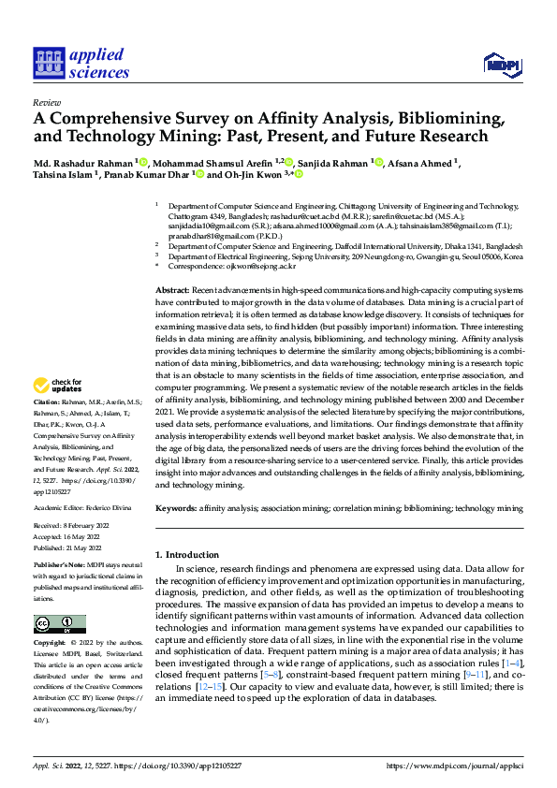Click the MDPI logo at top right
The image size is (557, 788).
tap(501, 63)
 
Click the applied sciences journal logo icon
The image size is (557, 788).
tap(47, 64)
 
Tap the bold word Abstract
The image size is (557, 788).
tap(172, 292)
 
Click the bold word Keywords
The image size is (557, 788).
tap(176, 508)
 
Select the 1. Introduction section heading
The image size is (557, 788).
tap(190, 555)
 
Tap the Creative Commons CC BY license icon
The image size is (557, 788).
tap(59, 624)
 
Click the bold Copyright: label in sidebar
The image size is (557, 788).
tap(51, 643)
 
